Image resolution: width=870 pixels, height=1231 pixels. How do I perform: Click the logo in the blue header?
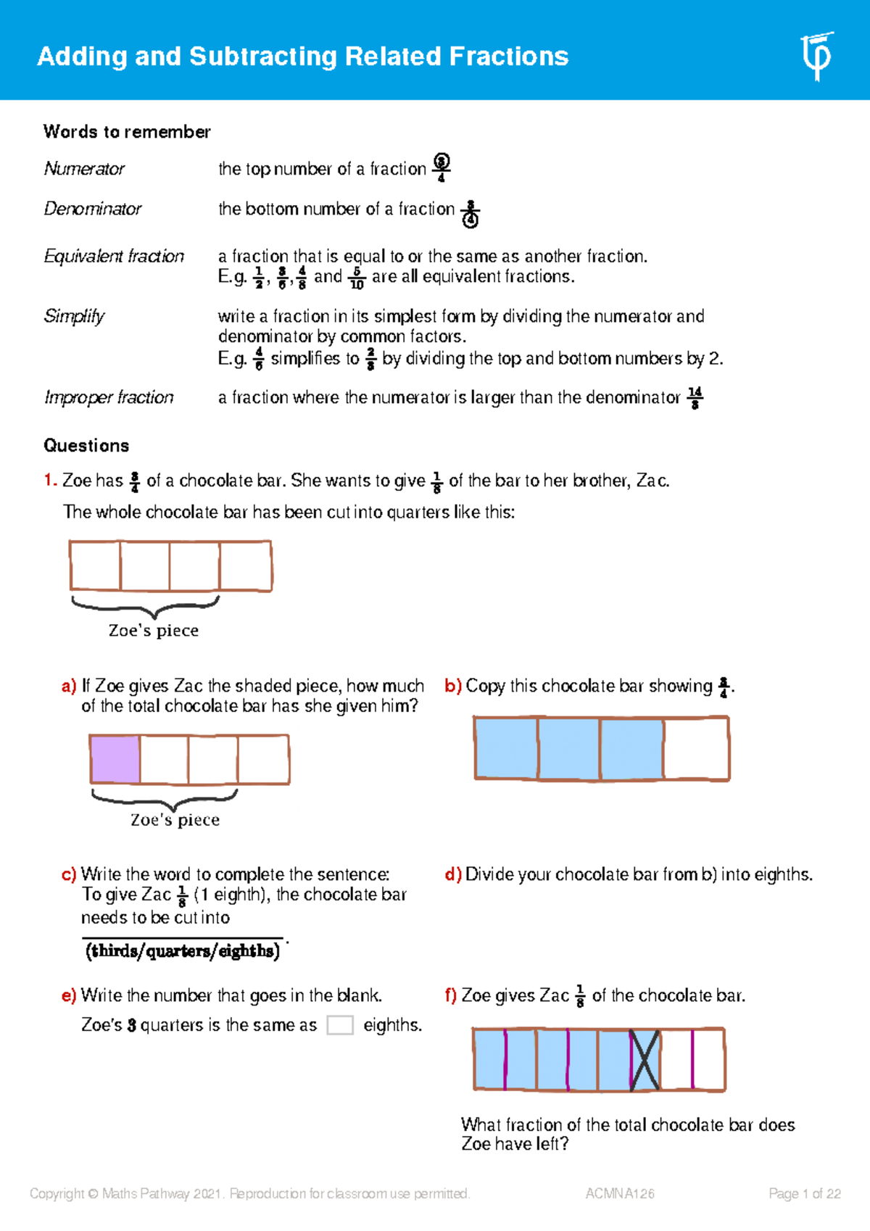pyautogui.click(x=817, y=57)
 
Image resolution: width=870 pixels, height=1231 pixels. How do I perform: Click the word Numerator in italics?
pyautogui.click(x=84, y=169)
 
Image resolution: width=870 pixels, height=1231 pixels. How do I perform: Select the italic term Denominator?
pyautogui.click(x=93, y=209)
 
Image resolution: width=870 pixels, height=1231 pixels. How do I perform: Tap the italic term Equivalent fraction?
pyautogui.click(x=114, y=257)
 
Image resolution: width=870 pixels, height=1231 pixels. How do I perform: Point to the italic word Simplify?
pyautogui.click(x=74, y=316)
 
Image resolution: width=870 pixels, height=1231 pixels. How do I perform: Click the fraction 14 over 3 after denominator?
pyautogui.click(x=695, y=397)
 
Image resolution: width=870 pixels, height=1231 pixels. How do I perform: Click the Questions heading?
pyautogui.click(x=86, y=446)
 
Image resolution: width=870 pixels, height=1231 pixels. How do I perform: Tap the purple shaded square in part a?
pyautogui.click(x=115, y=759)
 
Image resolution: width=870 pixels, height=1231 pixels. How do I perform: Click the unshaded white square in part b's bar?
pyautogui.click(x=696, y=749)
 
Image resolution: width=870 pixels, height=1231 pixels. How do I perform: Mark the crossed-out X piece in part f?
pyautogui.click(x=645, y=1060)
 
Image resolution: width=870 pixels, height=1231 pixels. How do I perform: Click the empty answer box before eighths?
pyautogui.click(x=340, y=1025)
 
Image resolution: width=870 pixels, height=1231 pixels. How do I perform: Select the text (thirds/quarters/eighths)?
pyautogui.click(x=183, y=951)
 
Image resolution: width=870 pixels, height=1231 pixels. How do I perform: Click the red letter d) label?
pyautogui.click(x=452, y=875)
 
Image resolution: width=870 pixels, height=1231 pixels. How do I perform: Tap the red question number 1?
pyautogui.click(x=49, y=481)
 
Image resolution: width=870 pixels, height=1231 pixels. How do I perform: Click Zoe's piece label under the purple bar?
pyautogui.click(x=175, y=820)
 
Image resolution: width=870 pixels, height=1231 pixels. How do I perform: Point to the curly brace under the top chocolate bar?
pyautogui.click(x=145, y=605)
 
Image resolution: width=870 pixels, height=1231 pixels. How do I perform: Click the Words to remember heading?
pyautogui.click(x=127, y=132)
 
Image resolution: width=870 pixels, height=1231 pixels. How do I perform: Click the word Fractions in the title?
pyautogui.click(x=508, y=57)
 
